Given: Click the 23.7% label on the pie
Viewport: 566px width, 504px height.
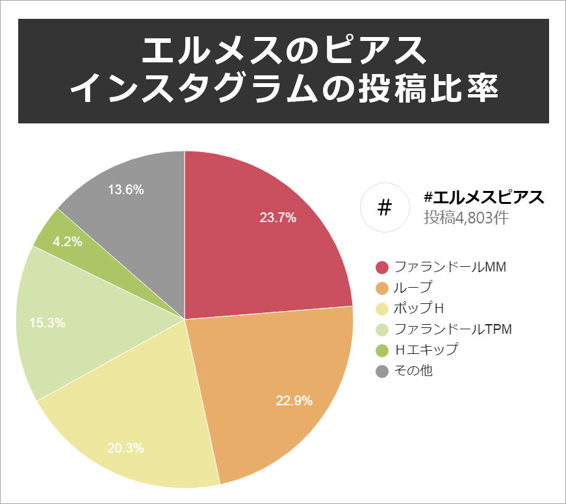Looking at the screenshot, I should click(x=278, y=218).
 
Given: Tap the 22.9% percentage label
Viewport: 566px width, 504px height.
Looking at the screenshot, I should click(x=294, y=401).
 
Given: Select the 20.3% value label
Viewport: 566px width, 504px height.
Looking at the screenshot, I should click(x=126, y=448).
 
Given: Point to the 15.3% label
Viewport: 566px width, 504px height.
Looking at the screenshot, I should click(x=47, y=322).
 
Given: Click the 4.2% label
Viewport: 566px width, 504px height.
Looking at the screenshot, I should click(x=68, y=242).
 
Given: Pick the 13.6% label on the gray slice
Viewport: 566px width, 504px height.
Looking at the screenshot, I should click(x=126, y=190).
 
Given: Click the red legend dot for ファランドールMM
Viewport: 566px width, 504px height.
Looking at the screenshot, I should click(x=382, y=267).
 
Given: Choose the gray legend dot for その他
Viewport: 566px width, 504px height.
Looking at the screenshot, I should click(x=382, y=372).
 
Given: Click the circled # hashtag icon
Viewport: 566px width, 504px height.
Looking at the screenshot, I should click(x=385, y=208).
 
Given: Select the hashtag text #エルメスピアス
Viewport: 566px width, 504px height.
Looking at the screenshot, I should click(x=483, y=197).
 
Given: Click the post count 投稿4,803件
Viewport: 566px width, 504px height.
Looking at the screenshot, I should click(x=466, y=218).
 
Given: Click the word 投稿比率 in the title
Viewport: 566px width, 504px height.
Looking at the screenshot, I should click(x=428, y=90).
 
